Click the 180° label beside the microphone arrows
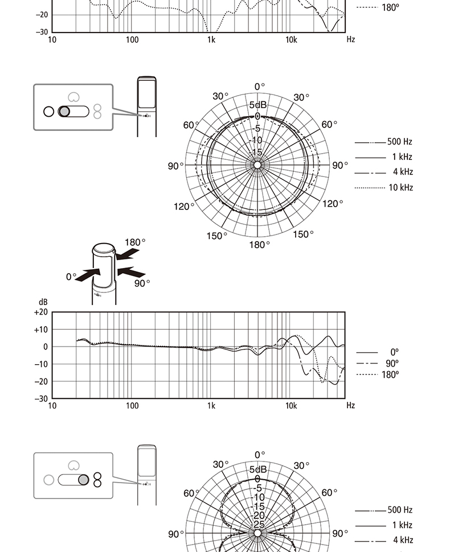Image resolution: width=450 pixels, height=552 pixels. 135,242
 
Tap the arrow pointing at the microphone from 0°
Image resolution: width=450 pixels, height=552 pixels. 88,275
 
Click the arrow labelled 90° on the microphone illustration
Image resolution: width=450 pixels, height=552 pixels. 131,271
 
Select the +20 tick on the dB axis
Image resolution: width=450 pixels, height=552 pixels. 41,312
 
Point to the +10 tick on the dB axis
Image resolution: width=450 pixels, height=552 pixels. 41,329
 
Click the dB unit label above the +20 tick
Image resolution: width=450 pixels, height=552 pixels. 43,302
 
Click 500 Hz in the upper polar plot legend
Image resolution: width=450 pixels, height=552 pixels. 400,142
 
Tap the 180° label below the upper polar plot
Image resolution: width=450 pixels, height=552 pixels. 260,245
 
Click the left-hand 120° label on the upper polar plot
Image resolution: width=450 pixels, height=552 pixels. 184,207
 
